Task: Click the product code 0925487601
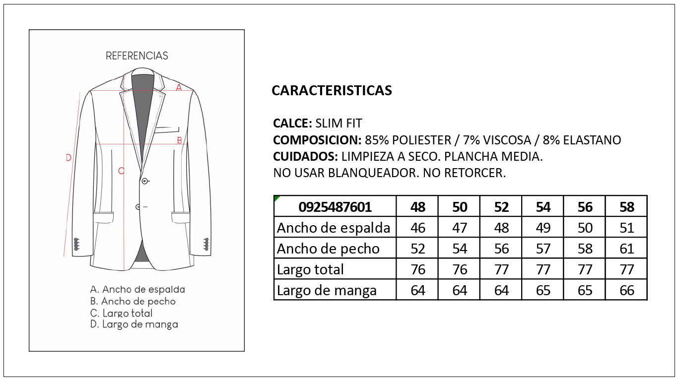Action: coord(335,207)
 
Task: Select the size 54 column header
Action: coord(543,207)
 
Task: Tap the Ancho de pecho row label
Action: coord(328,249)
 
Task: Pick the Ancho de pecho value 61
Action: coord(627,249)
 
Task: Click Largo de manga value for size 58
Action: coord(627,290)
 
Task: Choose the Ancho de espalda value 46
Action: coord(418,228)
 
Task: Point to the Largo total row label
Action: coord(310,269)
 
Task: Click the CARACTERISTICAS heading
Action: coord(332,90)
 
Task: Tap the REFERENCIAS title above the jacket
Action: coord(137,56)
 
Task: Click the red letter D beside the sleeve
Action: coord(69,158)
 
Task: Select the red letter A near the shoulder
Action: coord(179,87)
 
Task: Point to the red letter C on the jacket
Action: coord(121,171)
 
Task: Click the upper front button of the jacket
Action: coord(144,181)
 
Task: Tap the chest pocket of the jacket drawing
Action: coord(166,130)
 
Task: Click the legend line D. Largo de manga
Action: coord(134,324)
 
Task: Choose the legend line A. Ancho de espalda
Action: coord(137,289)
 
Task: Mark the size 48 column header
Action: coord(418,207)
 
